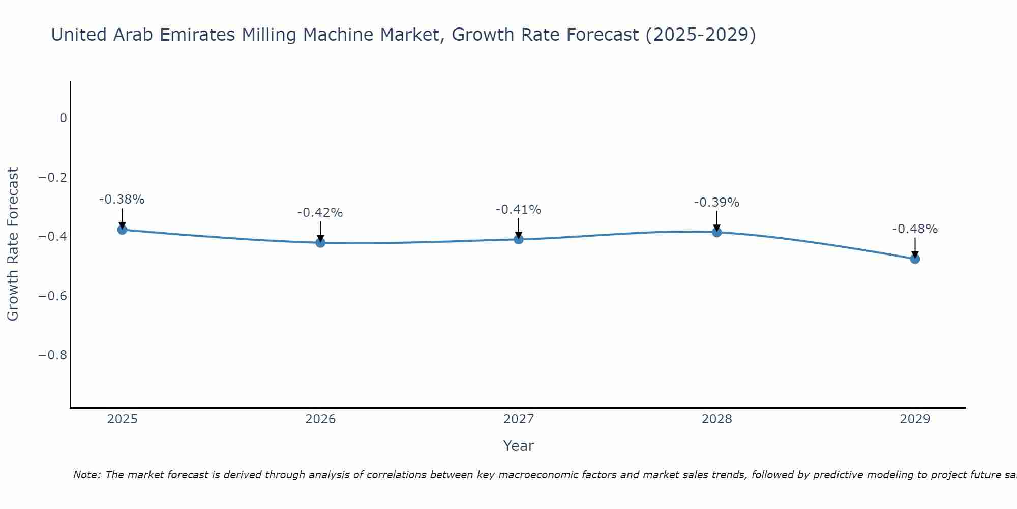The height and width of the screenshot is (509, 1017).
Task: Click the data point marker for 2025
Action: [122, 230]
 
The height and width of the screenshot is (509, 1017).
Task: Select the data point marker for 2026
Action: [320, 242]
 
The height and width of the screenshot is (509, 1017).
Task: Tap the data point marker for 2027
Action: [519, 239]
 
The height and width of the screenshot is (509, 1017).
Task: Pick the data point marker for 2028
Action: [717, 232]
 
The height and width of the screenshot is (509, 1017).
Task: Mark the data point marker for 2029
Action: [915, 259]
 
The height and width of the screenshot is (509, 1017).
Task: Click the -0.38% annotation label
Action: [122, 200]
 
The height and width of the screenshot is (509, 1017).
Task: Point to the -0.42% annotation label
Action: [320, 213]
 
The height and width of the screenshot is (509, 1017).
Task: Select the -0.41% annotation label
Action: [519, 210]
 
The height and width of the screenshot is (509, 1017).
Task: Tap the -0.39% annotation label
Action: [717, 203]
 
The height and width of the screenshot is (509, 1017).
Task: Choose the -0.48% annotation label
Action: [915, 229]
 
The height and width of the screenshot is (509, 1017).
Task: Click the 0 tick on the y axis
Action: [63, 118]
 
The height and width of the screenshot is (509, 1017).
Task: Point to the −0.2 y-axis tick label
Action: [53, 177]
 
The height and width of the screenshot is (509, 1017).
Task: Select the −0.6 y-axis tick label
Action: [53, 296]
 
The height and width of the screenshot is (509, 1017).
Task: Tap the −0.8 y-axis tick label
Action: [53, 355]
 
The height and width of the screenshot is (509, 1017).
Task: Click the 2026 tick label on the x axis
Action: [320, 419]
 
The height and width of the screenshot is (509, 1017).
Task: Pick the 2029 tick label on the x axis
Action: [915, 419]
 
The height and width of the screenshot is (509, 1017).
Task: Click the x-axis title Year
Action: [519, 446]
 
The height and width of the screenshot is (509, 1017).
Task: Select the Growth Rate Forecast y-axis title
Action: [13, 244]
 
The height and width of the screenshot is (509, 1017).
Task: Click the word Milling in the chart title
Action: [269, 35]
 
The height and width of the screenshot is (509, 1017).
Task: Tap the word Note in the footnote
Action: [86, 475]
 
